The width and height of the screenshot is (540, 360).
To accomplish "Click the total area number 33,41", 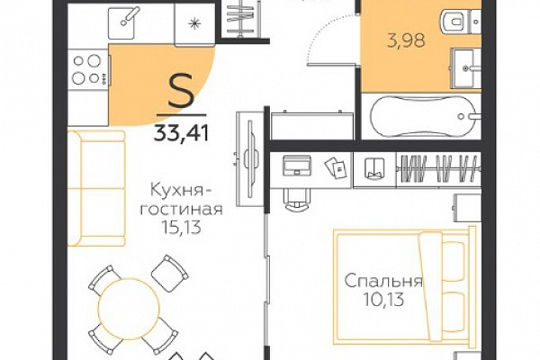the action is click(181, 133).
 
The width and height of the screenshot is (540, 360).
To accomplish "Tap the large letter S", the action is click(181, 94).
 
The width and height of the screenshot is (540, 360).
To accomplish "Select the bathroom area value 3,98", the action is click(407, 40).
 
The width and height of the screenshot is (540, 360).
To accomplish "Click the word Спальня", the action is click(383, 281).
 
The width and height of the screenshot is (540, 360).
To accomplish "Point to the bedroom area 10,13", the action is click(383, 300).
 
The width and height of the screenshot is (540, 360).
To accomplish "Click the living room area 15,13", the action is click(181, 227).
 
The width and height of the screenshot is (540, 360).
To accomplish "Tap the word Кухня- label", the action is click(181, 190).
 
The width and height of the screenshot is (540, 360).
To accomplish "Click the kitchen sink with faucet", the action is click(121, 22).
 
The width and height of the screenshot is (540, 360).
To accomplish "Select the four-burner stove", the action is click(89, 70).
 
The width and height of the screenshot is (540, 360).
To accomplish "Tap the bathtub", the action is click(423, 116).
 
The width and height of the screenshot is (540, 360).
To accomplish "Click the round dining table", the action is click(129, 307).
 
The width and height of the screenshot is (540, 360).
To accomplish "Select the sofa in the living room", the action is click(95, 188).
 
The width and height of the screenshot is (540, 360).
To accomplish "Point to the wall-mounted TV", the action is click(250, 159).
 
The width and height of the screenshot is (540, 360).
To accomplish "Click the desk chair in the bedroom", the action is click(297, 199).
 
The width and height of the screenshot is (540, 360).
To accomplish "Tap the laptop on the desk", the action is click(297, 166).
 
